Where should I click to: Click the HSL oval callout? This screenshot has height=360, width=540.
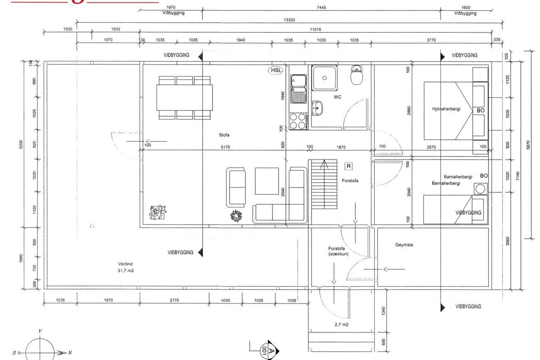coord(275,70)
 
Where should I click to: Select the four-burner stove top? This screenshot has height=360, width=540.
coord(298,121)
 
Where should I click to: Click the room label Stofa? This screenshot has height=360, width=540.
coord(224,135)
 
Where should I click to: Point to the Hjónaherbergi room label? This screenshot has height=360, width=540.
coord(446,109)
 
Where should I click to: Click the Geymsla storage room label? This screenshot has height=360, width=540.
coord(404,245)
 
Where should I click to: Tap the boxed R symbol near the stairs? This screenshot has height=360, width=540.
coord(349,166)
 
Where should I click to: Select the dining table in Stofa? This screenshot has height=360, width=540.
coord(184,98)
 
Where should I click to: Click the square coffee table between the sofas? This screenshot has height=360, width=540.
coord(267,181)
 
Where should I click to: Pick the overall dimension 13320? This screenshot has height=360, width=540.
coord(289,20)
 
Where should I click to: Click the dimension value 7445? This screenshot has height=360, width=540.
coord(322,7)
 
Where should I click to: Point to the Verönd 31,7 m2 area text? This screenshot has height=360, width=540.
coord(125,267)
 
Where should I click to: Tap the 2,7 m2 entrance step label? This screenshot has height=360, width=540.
coord(341,325)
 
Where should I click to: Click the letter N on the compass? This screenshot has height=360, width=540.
coord(70,353)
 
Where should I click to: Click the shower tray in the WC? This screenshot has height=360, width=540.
coord(324,78)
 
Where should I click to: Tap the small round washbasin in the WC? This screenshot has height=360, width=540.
coord(317,108)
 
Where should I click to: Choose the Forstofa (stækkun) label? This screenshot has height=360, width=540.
coord(338,251)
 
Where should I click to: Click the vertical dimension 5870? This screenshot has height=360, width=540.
coord(528,145)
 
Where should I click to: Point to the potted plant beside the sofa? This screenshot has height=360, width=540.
coord(236,216)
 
